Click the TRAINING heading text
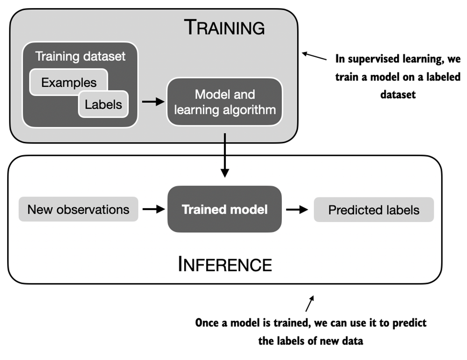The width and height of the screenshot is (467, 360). [x=225, y=28]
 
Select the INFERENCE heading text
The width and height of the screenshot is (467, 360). [x=225, y=264]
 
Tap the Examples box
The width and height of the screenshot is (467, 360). [x=69, y=82]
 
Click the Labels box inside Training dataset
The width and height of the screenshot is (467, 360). [x=103, y=104]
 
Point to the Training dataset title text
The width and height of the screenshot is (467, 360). [x=80, y=57]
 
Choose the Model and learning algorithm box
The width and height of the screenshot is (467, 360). [x=225, y=102]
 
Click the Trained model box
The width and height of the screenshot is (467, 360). [x=225, y=209]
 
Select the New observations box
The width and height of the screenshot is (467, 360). [x=78, y=209]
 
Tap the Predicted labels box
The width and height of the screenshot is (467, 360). [x=374, y=210]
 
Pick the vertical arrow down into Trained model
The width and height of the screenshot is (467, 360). [x=225, y=154]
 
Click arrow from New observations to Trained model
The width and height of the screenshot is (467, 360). [x=153, y=209]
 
